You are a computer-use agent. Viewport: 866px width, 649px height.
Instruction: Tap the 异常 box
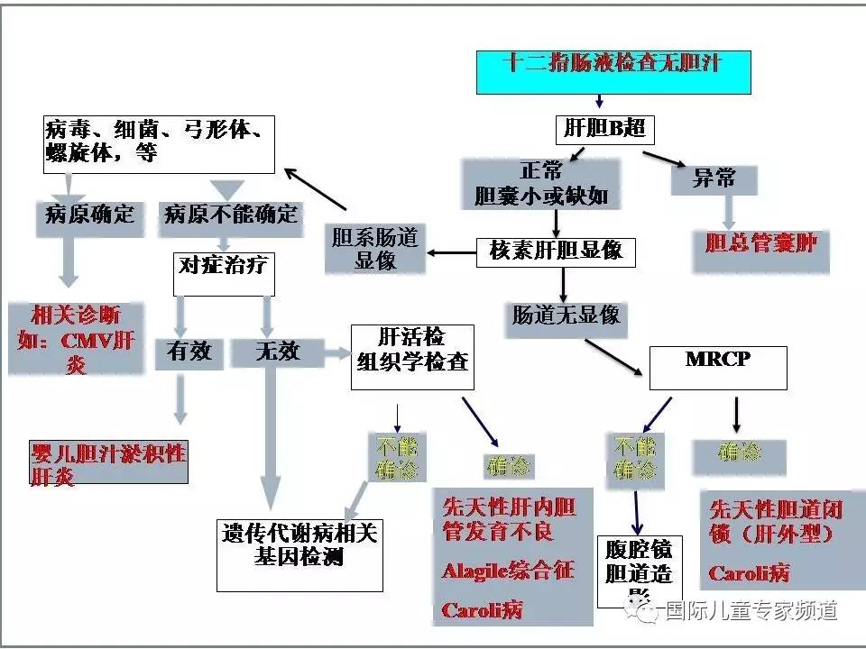pos(715,178)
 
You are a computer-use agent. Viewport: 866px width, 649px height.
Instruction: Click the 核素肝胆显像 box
pos(556,251)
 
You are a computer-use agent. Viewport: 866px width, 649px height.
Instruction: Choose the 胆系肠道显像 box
pos(375,248)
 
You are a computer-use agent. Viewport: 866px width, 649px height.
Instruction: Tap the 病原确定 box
pos(90,215)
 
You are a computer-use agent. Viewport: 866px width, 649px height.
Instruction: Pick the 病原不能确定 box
pos(229,215)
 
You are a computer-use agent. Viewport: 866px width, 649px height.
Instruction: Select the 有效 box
pos(189,352)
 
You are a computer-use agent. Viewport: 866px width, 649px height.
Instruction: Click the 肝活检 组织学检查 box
pos(410,357)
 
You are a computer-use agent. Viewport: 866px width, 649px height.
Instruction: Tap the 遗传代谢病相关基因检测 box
pos(299,553)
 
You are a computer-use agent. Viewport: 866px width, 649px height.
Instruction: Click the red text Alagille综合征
pos(508,571)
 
